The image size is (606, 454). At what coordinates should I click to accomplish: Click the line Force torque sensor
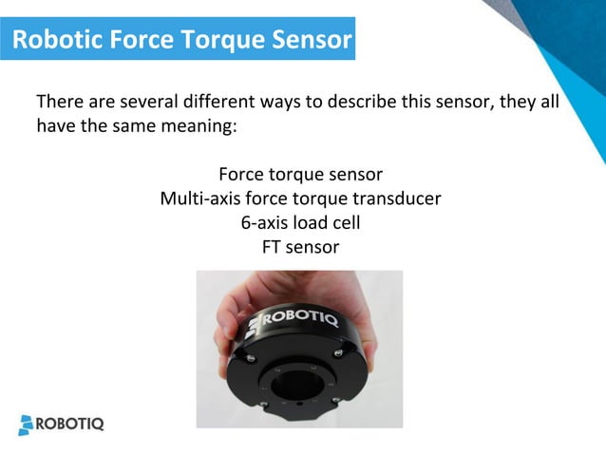coord(300,176)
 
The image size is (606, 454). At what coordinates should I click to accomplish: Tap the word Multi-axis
coord(200,199)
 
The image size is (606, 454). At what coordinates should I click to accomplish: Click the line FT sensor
coord(300,247)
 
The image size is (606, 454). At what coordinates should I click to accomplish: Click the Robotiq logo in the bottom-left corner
coord(62,423)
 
